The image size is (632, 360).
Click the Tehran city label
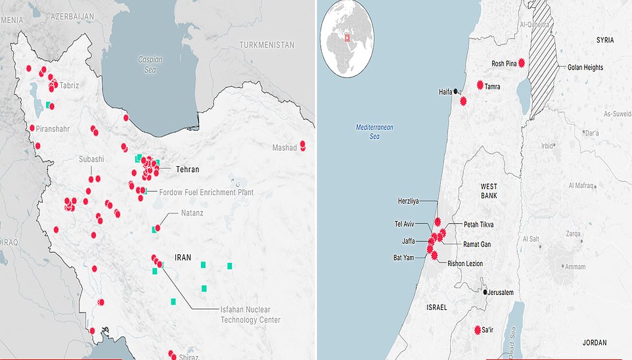tap(187, 169)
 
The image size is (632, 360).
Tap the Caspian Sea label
tap(150, 63)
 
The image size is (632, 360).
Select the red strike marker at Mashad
tap(303, 146)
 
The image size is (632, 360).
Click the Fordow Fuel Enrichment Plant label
tap(206, 192)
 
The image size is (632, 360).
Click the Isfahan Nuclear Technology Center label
tap(249, 315)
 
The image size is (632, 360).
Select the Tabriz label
tap(69, 85)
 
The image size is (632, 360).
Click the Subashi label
tap(91, 159)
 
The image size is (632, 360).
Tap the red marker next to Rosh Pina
tap(522, 63)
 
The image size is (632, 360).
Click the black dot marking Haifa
tap(457, 92)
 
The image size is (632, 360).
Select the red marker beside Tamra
tap(480, 85)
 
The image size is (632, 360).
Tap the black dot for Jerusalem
tap(485, 292)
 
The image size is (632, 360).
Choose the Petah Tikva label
tap(478, 225)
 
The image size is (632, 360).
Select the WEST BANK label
tap(488, 191)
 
